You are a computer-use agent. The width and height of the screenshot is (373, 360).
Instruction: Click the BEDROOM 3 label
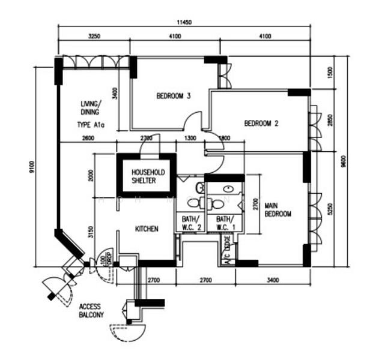174,96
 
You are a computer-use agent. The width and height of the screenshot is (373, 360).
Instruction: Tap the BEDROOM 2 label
261,124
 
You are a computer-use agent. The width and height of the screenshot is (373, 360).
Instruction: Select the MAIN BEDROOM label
278,210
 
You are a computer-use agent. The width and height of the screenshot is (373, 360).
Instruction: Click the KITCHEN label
147,229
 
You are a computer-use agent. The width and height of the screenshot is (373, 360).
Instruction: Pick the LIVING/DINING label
91,107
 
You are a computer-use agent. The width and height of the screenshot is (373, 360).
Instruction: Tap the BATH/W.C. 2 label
190,223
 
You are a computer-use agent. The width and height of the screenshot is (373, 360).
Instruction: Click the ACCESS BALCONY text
91,311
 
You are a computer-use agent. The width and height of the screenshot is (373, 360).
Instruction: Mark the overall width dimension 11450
184,22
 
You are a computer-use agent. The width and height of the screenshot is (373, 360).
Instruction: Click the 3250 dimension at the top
94,37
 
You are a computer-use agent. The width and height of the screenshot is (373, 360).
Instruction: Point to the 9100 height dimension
31,166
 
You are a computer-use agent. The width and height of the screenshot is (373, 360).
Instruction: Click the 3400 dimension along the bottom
272,280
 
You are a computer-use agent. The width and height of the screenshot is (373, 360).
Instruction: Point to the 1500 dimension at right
329,72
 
